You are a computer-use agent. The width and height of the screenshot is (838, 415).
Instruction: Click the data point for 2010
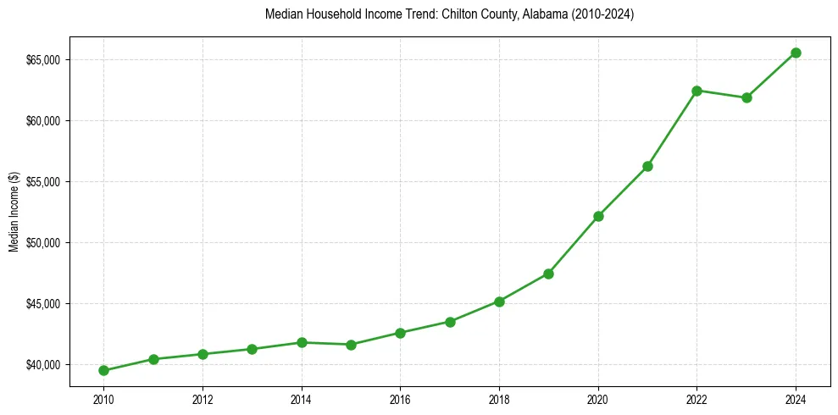click(103, 370)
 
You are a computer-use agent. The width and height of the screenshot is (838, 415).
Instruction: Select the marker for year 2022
click(696, 91)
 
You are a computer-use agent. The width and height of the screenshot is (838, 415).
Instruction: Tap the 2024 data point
click(796, 53)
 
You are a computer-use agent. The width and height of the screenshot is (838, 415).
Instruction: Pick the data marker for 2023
click(746, 97)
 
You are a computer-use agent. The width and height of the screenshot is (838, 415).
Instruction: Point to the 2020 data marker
click(598, 216)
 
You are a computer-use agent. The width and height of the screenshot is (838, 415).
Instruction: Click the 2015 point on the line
click(351, 345)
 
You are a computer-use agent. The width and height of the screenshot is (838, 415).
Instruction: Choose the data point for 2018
click(499, 302)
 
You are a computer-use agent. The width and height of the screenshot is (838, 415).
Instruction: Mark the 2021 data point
click(647, 166)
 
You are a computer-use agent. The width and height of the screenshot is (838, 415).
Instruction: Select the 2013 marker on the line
click(252, 349)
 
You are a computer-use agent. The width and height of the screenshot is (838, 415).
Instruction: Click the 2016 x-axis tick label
click(400, 398)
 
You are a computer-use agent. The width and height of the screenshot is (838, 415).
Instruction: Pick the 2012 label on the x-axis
click(203, 398)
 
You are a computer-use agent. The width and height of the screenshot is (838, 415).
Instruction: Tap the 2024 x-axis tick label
click(796, 398)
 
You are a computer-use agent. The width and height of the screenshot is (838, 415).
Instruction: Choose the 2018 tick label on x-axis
click(499, 398)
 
